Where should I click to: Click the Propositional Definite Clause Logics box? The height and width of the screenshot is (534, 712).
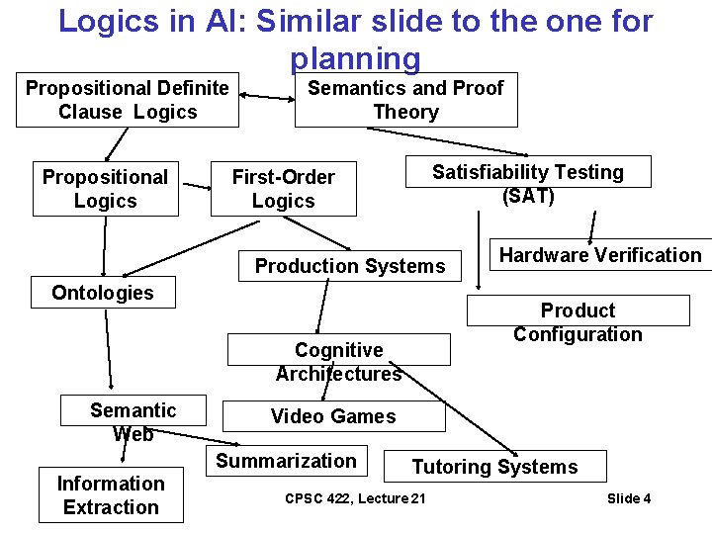(128, 100)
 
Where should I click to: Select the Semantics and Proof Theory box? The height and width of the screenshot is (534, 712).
(405, 100)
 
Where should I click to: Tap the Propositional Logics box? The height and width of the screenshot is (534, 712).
(106, 189)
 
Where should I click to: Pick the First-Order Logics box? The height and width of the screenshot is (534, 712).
(283, 189)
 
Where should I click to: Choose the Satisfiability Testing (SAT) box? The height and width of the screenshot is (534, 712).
(528, 184)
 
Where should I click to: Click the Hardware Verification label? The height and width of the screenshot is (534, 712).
(600, 255)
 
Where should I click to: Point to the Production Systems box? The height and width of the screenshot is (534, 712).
(350, 265)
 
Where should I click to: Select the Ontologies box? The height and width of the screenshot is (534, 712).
(103, 293)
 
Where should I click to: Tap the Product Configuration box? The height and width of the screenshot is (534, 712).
(578, 322)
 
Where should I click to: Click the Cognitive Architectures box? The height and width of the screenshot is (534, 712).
(338, 361)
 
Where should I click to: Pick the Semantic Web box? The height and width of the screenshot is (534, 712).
(133, 421)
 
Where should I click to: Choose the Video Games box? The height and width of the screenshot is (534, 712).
(333, 416)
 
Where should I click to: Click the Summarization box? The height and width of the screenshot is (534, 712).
(286, 461)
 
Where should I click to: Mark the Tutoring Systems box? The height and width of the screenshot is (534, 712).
(494, 467)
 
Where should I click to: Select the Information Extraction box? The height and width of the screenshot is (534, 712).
(111, 495)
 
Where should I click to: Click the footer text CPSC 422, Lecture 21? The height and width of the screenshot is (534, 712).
(355, 498)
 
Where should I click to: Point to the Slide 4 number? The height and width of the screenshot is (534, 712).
(629, 498)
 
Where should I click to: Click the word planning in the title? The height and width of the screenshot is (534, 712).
(356, 58)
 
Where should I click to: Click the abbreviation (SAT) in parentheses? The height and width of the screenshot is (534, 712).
(528, 196)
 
